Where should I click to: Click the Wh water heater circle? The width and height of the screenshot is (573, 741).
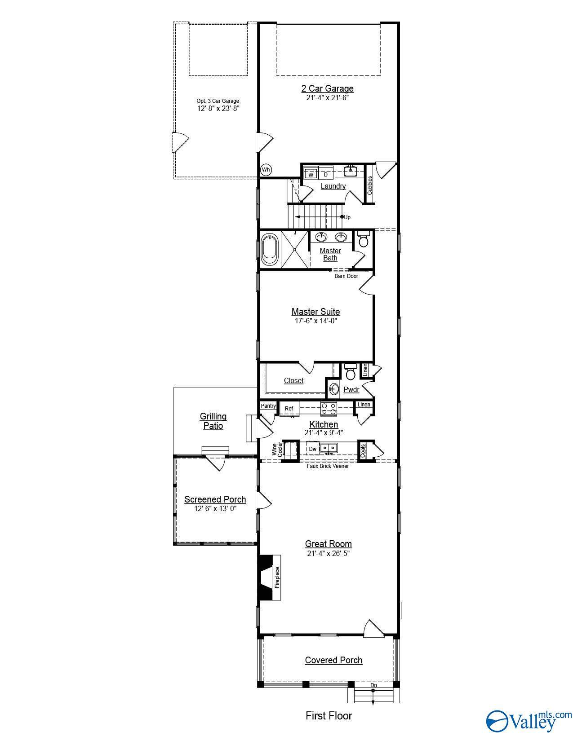coord(266,169)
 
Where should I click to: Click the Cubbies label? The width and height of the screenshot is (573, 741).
coord(369,185)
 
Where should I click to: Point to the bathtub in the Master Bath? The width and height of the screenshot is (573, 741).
coord(270,249)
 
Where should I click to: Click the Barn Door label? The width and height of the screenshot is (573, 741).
coord(346,276)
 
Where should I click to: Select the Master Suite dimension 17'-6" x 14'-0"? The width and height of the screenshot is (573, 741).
coord(315,321)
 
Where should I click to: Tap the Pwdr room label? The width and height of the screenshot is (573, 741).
coord(351,389)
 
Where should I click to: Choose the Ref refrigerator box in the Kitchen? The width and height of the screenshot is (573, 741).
coord(289,409)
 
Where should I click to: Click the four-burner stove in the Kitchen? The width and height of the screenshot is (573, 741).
coord(329,408)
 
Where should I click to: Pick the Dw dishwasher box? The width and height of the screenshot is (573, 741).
coord(312,449)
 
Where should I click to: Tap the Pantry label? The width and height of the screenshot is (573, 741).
coord(268,406)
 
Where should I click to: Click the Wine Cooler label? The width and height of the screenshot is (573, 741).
coord(277,450)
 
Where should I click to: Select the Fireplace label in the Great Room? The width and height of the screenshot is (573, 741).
coord(277,578)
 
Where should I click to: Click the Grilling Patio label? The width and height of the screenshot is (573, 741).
coord(213,421)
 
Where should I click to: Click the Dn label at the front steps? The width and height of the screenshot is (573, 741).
coord(374,685)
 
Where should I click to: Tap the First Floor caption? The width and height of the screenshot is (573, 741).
coord(329,716)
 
